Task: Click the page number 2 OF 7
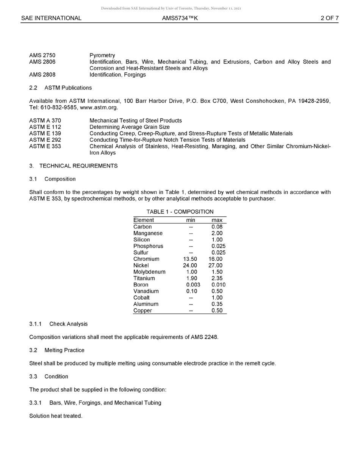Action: (x=329, y=18)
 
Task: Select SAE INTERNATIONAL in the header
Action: (x=51, y=18)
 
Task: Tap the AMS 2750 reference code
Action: (x=42, y=55)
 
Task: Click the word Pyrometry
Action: (x=102, y=55)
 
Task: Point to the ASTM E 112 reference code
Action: (x=45, y=127)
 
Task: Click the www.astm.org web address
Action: (x=99, y=107)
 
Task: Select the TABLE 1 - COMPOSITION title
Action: (x=180, y=212)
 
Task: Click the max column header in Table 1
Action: (x=217, y=220)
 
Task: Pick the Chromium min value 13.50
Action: (x=190, y=259)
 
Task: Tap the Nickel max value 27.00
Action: (x=216, y=266)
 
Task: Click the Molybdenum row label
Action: (x=149, y=272)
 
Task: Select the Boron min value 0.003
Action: (x=193, y=285)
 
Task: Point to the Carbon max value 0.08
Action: (x=217, y=227)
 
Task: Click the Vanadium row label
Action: (x=146, y=291)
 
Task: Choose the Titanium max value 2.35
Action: (x=217, y=278)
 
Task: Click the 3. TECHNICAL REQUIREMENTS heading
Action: (x=73, y=166)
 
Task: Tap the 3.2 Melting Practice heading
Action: (x=57, y=350)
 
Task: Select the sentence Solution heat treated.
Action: (x=56, y=416)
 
